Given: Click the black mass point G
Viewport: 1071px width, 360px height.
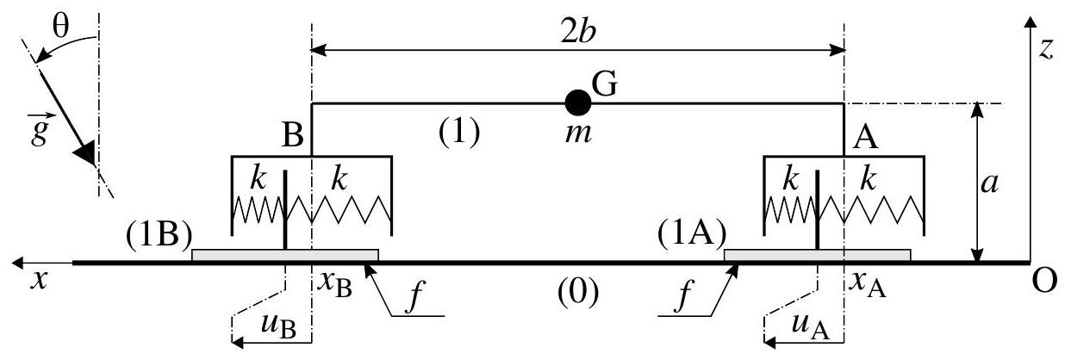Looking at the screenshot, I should point(577,102).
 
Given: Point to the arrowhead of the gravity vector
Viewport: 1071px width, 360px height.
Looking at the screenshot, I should point(84,153).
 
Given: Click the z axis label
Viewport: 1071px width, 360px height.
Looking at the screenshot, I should point(1046,49).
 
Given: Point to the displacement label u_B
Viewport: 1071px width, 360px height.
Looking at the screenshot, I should point(275,327).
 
